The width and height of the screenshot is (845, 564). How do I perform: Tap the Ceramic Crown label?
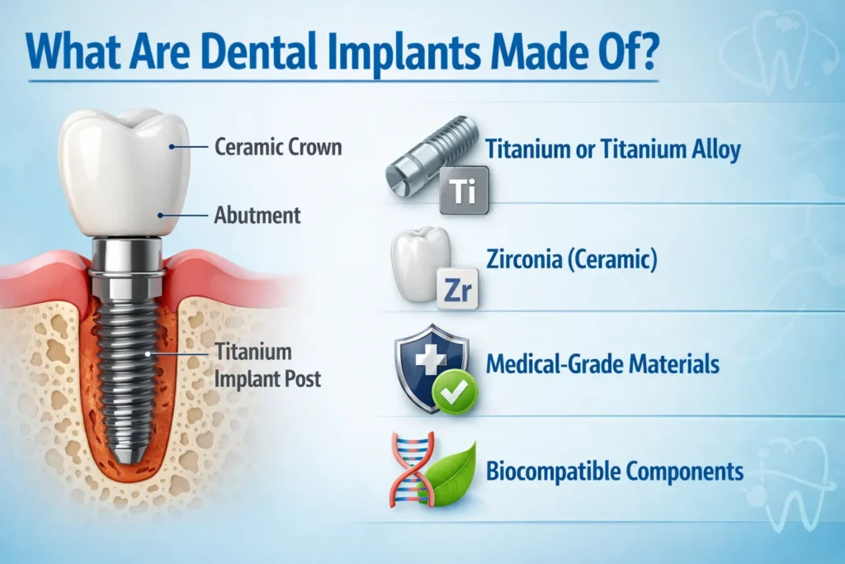click(x=277, y=149)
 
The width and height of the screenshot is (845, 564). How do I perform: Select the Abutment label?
click(x=257, y=216)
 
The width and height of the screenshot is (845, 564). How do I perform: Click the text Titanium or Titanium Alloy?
click(x=613, y=150)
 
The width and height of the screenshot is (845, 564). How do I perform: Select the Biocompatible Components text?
click(x=615, y=472)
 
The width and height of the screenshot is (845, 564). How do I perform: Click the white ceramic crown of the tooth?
click(x=124, y=169)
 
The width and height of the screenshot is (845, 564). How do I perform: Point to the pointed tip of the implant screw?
click(x=125, y=456)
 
